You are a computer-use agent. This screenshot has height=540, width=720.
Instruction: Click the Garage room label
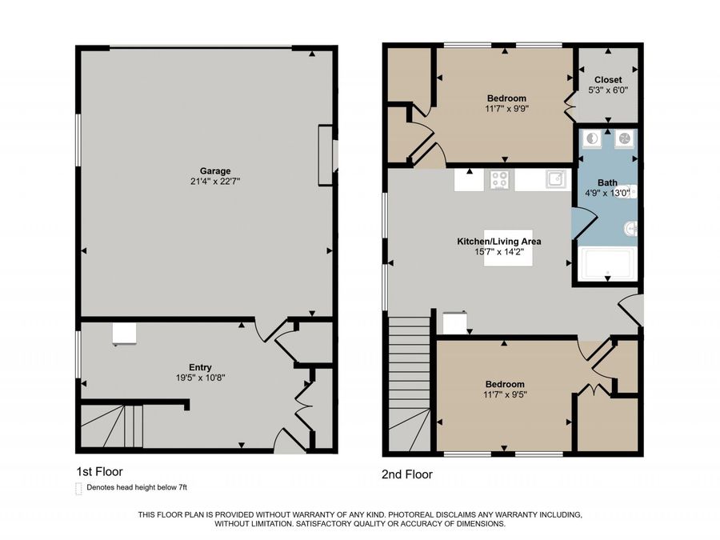215,171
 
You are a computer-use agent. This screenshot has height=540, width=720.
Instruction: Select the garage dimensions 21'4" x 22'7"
215,182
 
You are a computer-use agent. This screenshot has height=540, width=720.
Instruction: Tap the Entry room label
200,367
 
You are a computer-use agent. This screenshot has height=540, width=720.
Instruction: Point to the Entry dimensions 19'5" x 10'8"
200,378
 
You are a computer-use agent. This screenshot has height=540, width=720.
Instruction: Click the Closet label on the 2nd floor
608,80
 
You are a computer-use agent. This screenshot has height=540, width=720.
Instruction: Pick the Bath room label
607,182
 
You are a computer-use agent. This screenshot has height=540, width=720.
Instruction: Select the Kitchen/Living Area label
499,242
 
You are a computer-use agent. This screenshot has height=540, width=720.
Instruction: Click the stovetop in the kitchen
499,179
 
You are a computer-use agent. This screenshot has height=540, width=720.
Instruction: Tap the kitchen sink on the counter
556,179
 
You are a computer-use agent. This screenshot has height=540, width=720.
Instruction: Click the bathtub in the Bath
607,264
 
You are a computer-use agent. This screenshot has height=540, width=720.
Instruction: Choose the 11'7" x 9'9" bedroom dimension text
506,109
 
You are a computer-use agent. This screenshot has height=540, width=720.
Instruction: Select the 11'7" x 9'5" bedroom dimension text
505,395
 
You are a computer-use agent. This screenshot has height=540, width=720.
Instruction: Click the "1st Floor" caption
100,471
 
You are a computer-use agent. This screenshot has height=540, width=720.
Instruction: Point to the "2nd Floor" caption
407,474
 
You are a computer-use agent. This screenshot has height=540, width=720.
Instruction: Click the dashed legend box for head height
78,489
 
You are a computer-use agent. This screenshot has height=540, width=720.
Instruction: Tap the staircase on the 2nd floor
409,384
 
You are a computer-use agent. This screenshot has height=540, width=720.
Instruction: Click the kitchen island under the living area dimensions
508,248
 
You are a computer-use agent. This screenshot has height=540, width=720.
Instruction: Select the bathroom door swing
584,223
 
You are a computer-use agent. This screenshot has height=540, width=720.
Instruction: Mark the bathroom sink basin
630,228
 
